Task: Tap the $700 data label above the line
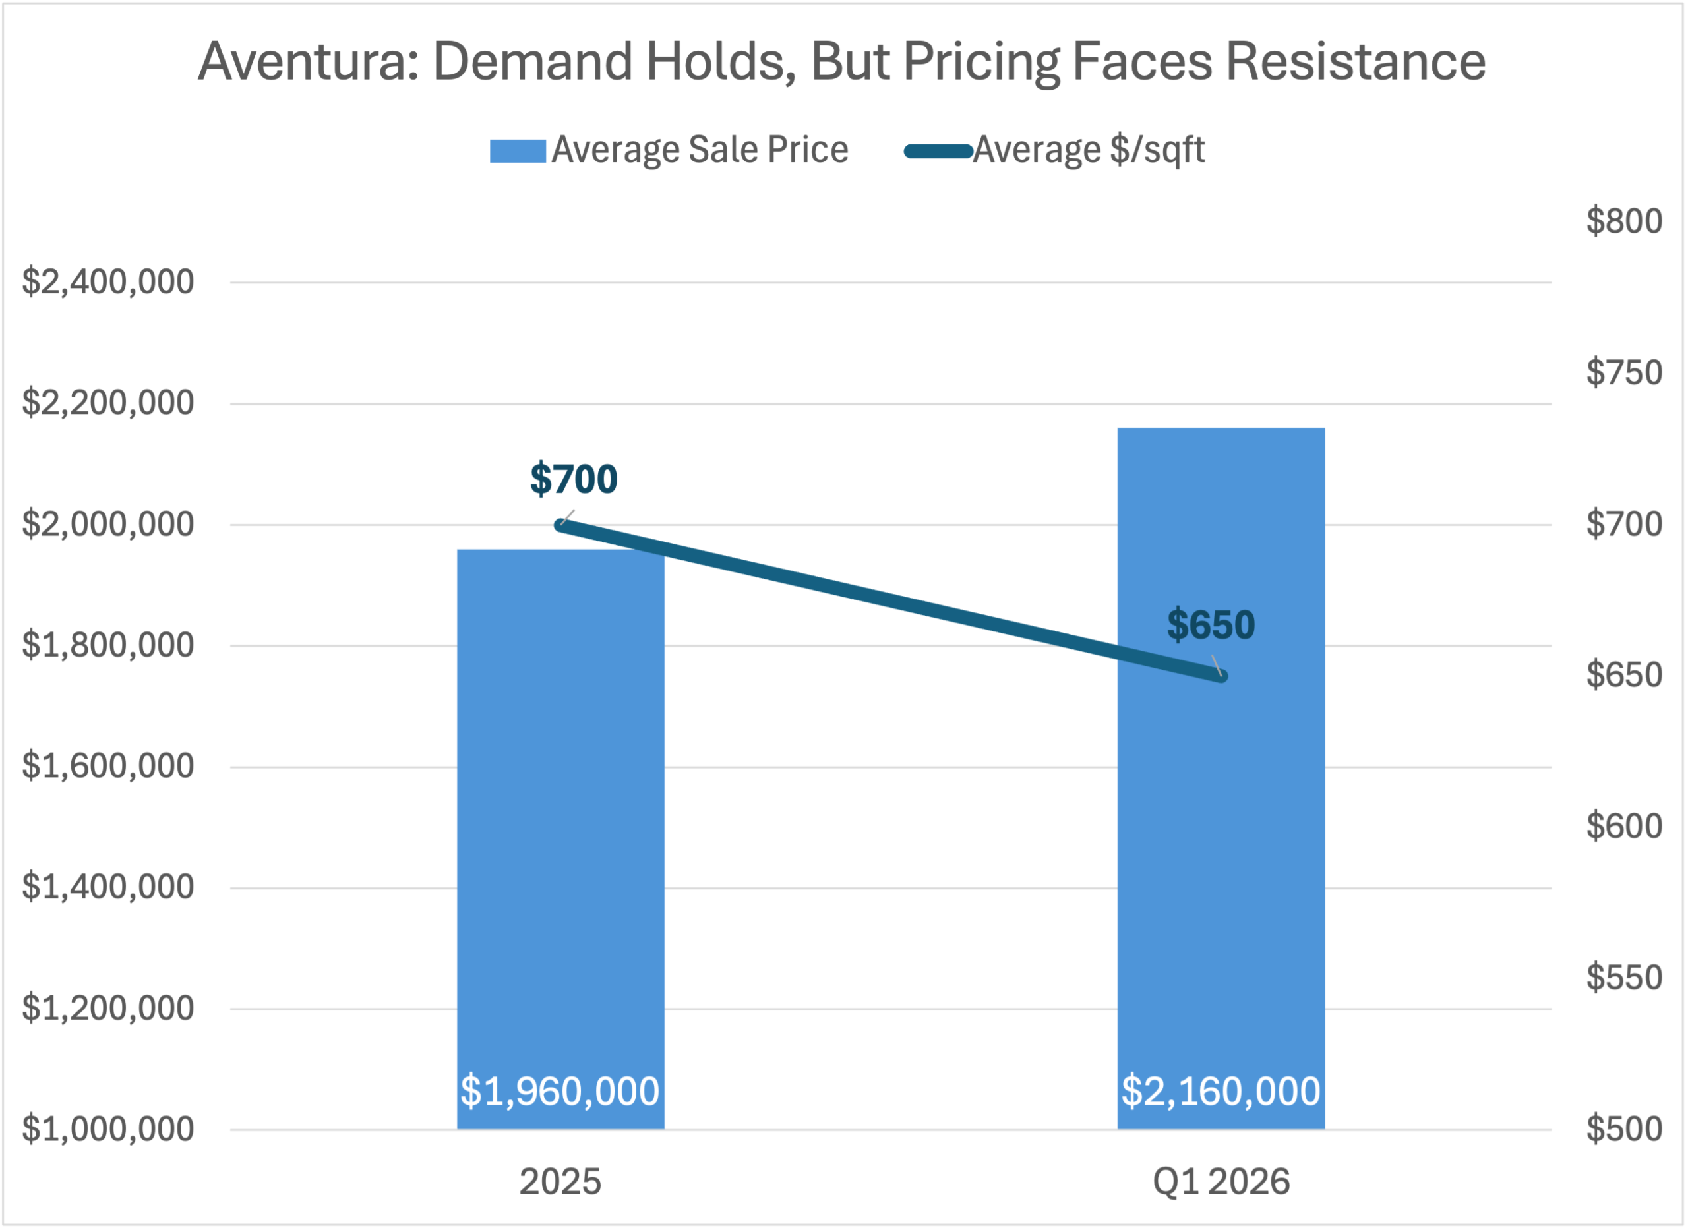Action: (x=574, y=479)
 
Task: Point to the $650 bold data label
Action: (x=1211, y=624)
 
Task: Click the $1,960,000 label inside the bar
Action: (x=560, y=1091)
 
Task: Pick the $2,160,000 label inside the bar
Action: (x=1221, y=1091)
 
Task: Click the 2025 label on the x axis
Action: (x=560, y=1182)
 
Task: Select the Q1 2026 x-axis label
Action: (x=1221, y=1182)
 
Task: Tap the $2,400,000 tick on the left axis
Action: (x=108, y=282)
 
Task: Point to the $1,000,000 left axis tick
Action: (x=108, y=1130)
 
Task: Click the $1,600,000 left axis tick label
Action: (x=108, y=766)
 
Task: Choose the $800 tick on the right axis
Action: (x=1624, y=221)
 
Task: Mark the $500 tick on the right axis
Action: (x=1624, y=1128)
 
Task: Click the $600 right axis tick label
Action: (x=1624, y=826)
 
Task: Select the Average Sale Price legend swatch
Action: (x=518, y=151)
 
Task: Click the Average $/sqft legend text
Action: (x=1089, y=150)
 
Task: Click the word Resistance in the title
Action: (x=1355, y=62)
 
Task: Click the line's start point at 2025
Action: (x=560, y=525)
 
